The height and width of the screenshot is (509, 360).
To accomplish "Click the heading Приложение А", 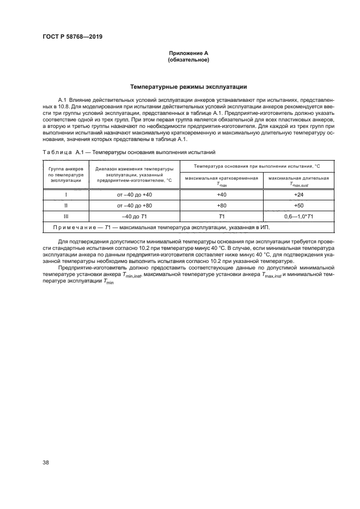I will click(x=188, y=53).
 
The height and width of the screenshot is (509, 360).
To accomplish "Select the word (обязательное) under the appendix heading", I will click(x=188, y=60).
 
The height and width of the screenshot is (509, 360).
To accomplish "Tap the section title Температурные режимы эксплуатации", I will click(x=188, y=85).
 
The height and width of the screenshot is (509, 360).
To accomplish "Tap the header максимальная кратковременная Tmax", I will click(x=221, y=181).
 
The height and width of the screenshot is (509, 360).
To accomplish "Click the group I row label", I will click(x=66, y=194).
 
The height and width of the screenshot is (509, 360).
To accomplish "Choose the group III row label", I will click(x=66, y=217).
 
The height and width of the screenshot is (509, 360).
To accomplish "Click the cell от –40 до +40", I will click(x=134, y=194).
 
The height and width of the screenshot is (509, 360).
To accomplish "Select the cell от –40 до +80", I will click(x=134, y=206).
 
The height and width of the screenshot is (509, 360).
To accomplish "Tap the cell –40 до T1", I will click(x=134, y=217).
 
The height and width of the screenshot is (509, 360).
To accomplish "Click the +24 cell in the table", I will click(x=298, y=194).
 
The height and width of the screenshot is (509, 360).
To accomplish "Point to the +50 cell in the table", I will click(x=298, y=206).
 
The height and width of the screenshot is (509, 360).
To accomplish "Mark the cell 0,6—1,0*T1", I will click(x=298, y=217).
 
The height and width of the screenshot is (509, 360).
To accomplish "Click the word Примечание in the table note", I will click(x=76, y=228).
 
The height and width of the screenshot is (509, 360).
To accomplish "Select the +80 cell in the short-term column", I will click(x=221, y=206).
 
